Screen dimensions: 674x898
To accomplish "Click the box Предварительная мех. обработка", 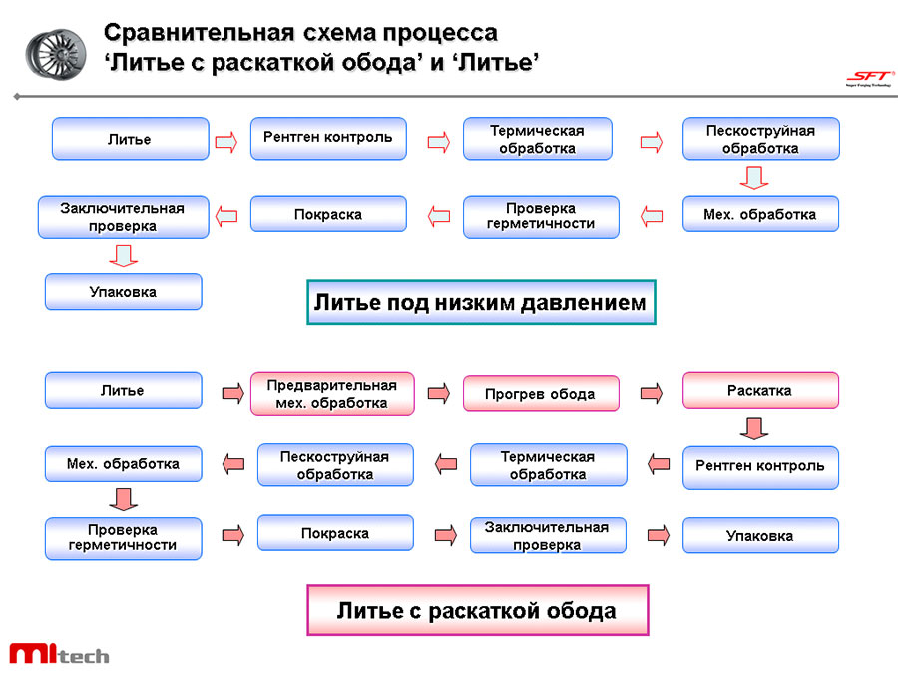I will [332, 394].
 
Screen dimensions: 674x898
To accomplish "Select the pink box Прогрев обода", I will [540, 393].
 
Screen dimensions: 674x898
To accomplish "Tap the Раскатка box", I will [760, 390].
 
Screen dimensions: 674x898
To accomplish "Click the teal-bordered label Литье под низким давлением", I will [480, 302].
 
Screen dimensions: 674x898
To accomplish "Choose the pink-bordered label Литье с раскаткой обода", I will [477, 610].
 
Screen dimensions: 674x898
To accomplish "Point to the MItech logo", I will [59, 654].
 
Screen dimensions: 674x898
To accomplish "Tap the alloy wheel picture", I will [56, 51].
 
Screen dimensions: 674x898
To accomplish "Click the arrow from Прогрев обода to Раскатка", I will [652, 393].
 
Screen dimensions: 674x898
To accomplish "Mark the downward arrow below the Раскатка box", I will [754, 428].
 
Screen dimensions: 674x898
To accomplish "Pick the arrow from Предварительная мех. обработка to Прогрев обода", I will [438, 393].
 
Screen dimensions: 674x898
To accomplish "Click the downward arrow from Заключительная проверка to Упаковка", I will [123, 256].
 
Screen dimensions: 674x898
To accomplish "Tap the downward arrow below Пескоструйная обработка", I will [754, 178].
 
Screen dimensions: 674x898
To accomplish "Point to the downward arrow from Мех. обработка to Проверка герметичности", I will [123, 498].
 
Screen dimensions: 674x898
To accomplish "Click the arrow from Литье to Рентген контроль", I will [226, 141].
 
